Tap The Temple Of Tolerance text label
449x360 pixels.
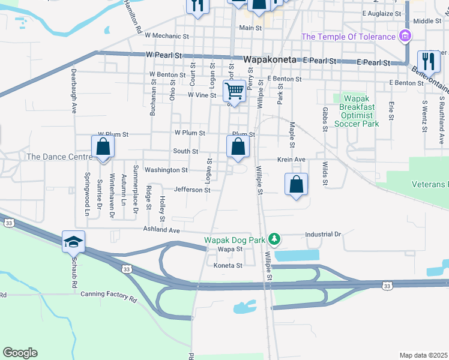click(348, 37)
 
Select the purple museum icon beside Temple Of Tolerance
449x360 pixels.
click(405, 37)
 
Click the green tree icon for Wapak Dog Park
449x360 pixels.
click(274, 239)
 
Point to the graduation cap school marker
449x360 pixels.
click(74, 242)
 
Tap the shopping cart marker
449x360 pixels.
click(234, 92)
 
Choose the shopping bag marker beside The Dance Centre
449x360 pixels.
click(103, 147)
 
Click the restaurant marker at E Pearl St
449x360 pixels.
click(429, 61)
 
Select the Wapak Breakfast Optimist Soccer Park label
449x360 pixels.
click(358, 111)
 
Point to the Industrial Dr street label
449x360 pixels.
click(323, 234)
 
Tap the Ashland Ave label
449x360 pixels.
click(161, 230)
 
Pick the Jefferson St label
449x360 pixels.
click(192, 190)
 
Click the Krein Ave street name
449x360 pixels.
click(292, 160)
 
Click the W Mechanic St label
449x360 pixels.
click(167, 36)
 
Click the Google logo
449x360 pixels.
click(20, 353)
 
